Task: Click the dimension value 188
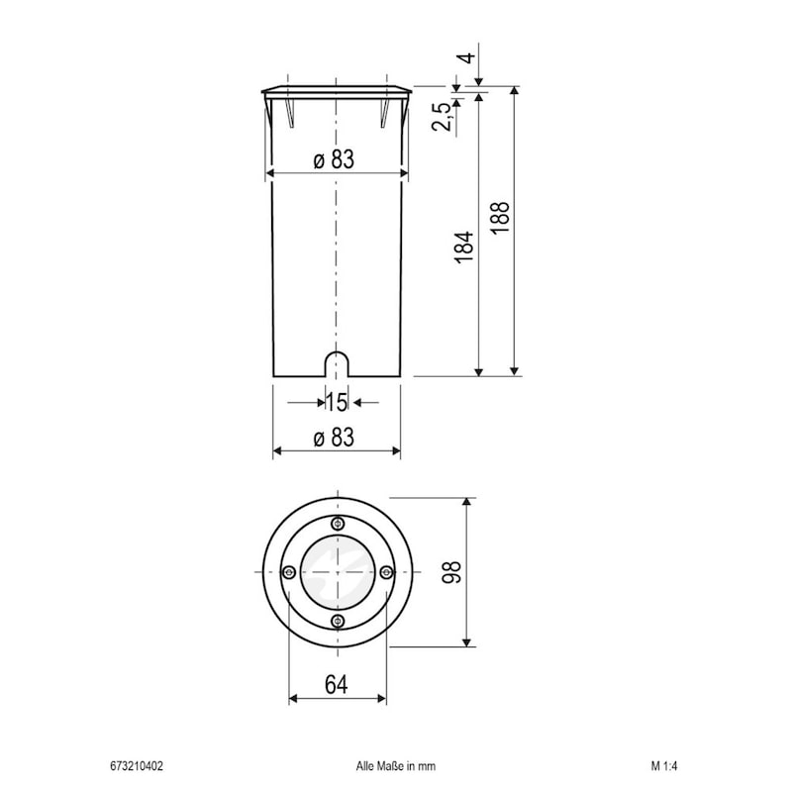[x=500, y=217]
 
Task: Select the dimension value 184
[x=464, y=247]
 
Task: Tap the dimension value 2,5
[x=441, y=117]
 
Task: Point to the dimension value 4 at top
[x=468, y=57]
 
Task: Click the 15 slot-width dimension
[x=336, y=402]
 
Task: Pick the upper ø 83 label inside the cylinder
[x=334, y=159]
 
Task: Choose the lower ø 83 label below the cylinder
[x=334, y=438]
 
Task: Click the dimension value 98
[x=451, y=572]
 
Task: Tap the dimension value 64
[x=337, y=685]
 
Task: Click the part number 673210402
[x=137, y=766]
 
